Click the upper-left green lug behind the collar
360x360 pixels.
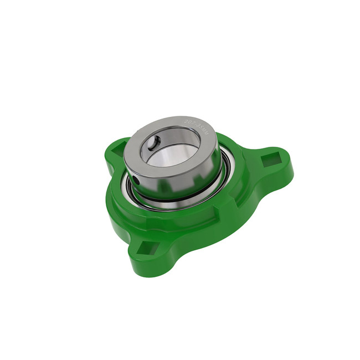(114, 150)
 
